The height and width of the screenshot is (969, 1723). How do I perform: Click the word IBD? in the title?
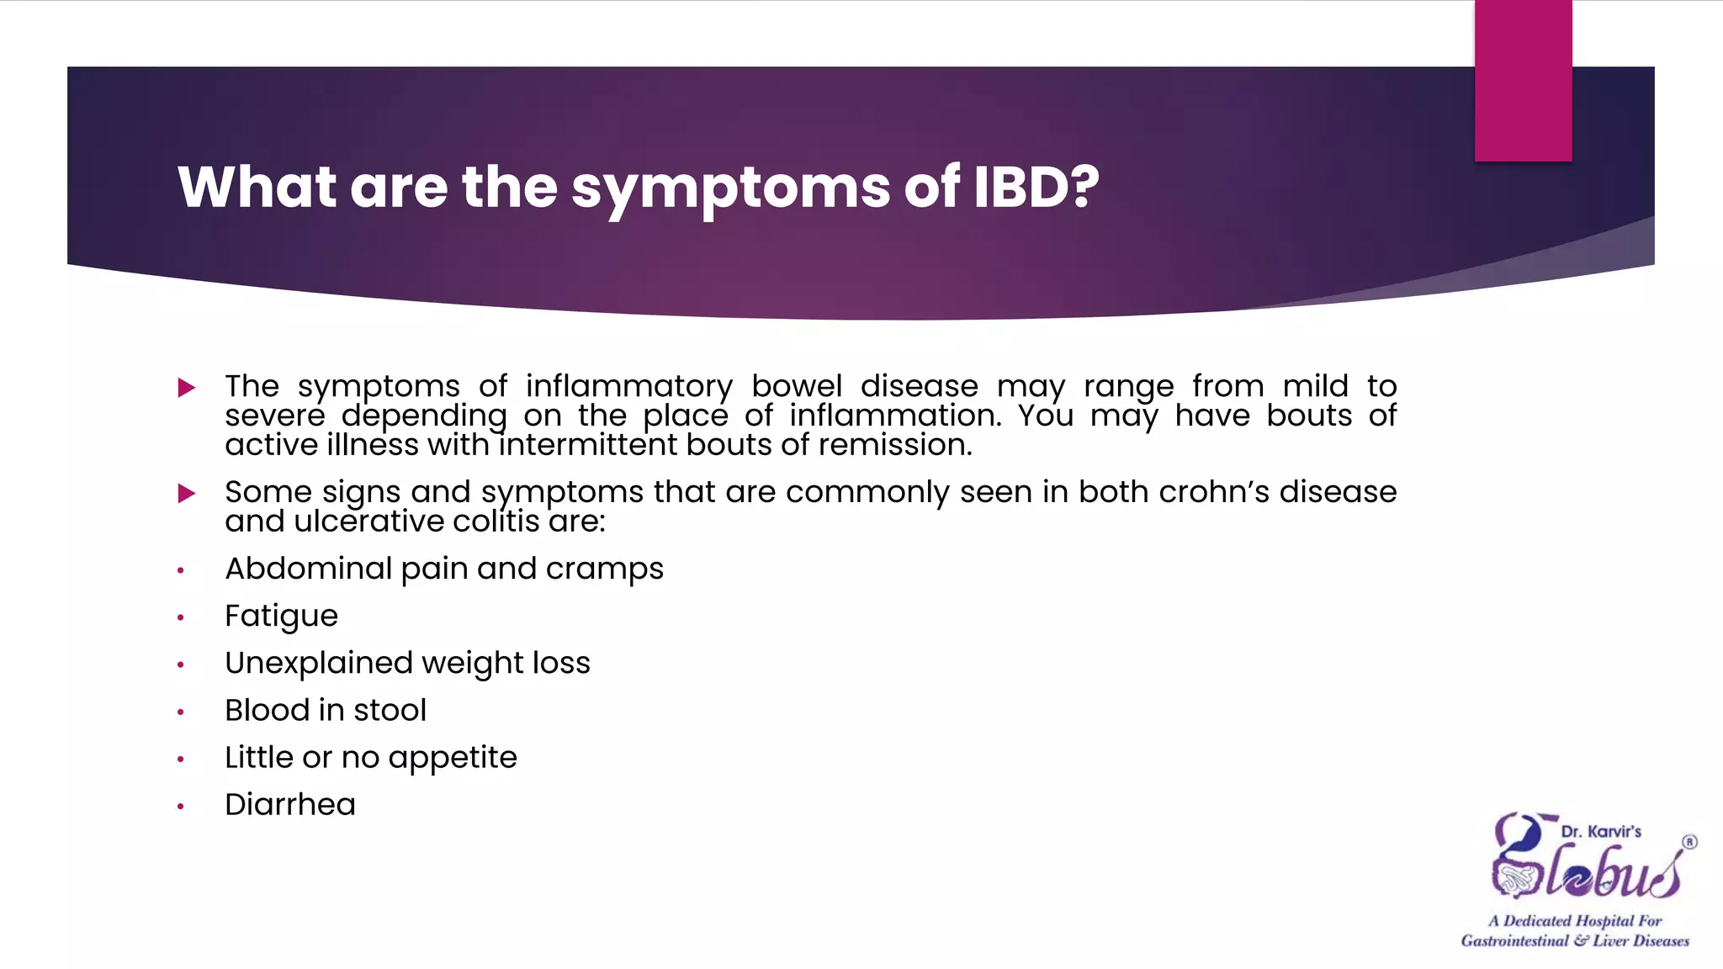[1036, 187]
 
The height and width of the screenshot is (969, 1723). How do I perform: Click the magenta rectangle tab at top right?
[1523, 81]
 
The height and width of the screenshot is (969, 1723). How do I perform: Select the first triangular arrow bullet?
[187, 388]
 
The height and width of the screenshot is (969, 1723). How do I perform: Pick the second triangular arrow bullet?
[187, 493]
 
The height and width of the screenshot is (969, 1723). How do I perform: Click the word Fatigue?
[281, 617]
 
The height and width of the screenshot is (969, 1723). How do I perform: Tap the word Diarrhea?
[290, 805]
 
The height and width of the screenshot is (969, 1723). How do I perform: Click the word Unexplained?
[318, 664]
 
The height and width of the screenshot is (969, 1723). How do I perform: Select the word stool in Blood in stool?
[390, 711]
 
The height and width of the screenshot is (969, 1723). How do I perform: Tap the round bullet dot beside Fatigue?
[180, 618]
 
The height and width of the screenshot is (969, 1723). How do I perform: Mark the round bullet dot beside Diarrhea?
[180, 807]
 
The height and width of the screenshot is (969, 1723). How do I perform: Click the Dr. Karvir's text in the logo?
[1600, 832]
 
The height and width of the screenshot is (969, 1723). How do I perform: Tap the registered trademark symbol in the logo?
[1689, 842]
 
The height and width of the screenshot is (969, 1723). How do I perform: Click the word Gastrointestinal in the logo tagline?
[1514, 941]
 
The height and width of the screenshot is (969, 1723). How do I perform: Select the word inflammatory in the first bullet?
[628, 387]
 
